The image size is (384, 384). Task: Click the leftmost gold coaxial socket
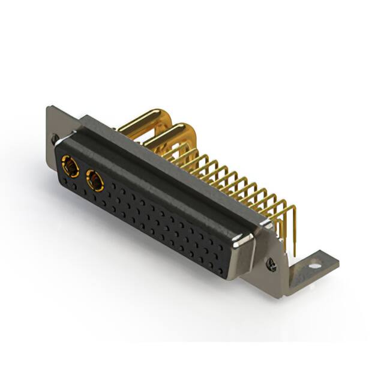pos(70,166)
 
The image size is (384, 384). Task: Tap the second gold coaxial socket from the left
pos(95,179)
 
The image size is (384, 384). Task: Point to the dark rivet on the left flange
pos(55,139)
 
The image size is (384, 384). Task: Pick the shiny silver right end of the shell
pos(245,240)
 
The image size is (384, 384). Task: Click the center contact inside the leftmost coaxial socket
pos(70,166)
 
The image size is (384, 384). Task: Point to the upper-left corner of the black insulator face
pos(61,148)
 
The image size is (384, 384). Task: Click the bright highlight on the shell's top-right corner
pos(265,223)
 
